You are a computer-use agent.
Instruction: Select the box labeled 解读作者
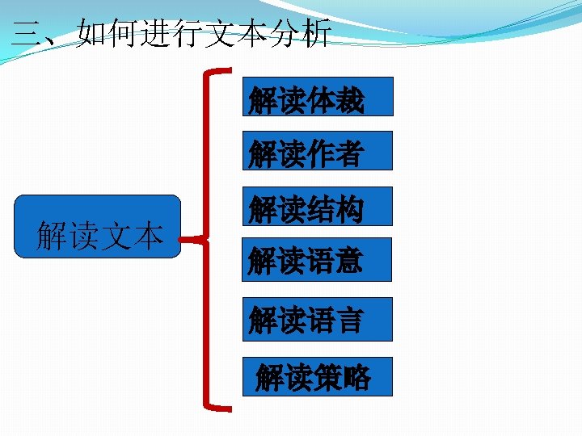click(317, 151)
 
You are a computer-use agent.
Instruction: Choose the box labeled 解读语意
click(317, 259)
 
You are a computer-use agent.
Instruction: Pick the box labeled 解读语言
click(317, 318)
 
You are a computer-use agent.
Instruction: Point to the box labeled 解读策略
click(317, 376)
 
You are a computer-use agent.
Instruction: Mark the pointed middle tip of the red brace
click(183, 240)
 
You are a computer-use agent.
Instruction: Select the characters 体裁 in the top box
click(335, 101)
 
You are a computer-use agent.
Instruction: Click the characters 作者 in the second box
click(335, 153)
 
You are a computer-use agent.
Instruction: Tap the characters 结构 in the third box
click(335, 209)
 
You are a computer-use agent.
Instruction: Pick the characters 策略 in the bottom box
click(341, 377)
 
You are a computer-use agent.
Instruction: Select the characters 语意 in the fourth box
click(335, 261)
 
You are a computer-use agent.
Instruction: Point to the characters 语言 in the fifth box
click(335, 320)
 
